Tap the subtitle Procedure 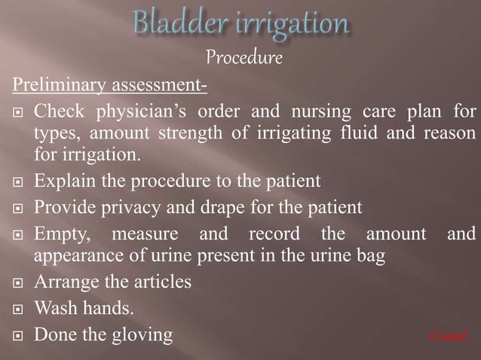243,59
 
